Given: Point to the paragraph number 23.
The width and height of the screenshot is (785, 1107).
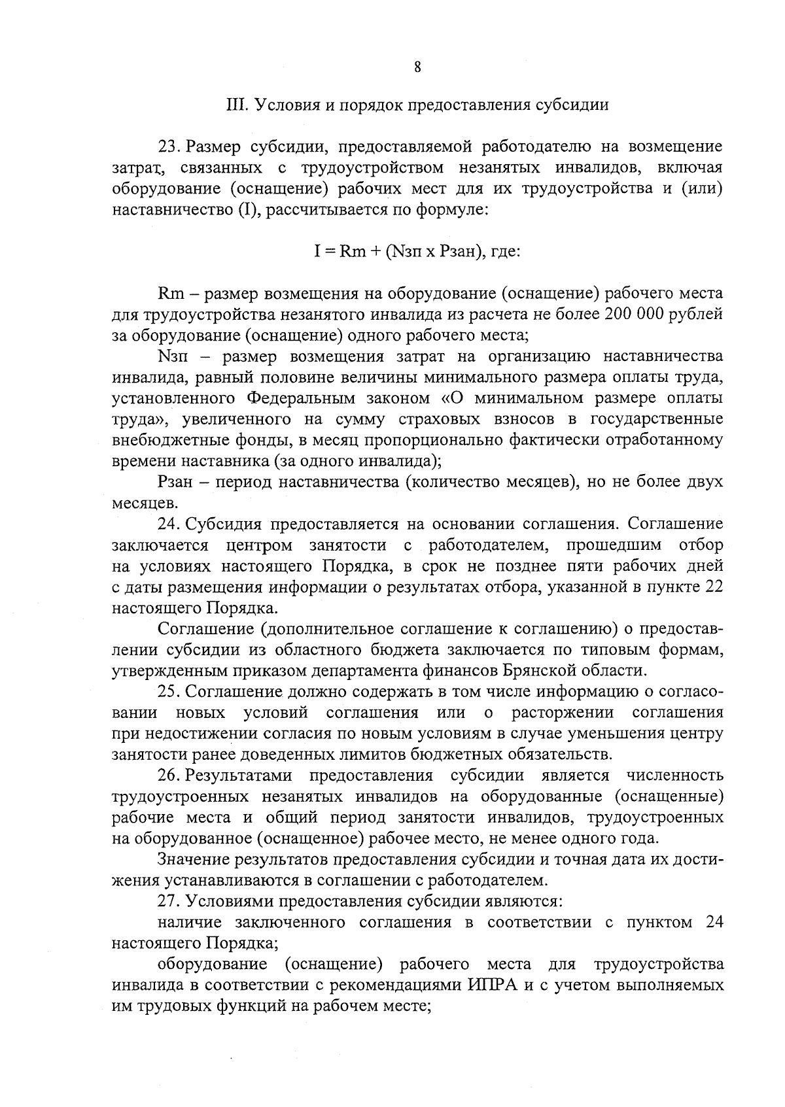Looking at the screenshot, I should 167,146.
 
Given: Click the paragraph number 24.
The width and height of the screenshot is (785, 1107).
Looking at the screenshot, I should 167,524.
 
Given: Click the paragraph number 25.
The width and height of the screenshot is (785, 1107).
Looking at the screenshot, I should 167,692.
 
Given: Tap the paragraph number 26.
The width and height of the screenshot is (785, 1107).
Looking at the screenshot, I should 167,775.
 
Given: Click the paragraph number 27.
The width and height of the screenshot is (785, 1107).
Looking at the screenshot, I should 167,901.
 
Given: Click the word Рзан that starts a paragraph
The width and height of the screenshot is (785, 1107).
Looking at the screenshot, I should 175,483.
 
